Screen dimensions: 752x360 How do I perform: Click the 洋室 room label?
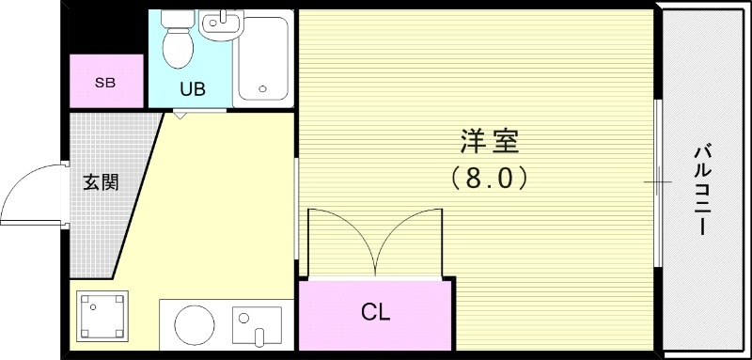pos(489,144)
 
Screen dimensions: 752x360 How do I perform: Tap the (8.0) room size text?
pos(489,176)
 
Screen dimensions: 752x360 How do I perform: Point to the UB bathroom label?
pos(194,90)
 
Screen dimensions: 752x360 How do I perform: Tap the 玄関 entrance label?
pos(101,182)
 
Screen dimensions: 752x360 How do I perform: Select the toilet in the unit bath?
pos(175,41)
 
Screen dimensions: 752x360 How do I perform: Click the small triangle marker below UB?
pos(179,117)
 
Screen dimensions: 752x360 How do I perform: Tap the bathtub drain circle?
pos(263,91)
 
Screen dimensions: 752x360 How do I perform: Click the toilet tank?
pos(174,19)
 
